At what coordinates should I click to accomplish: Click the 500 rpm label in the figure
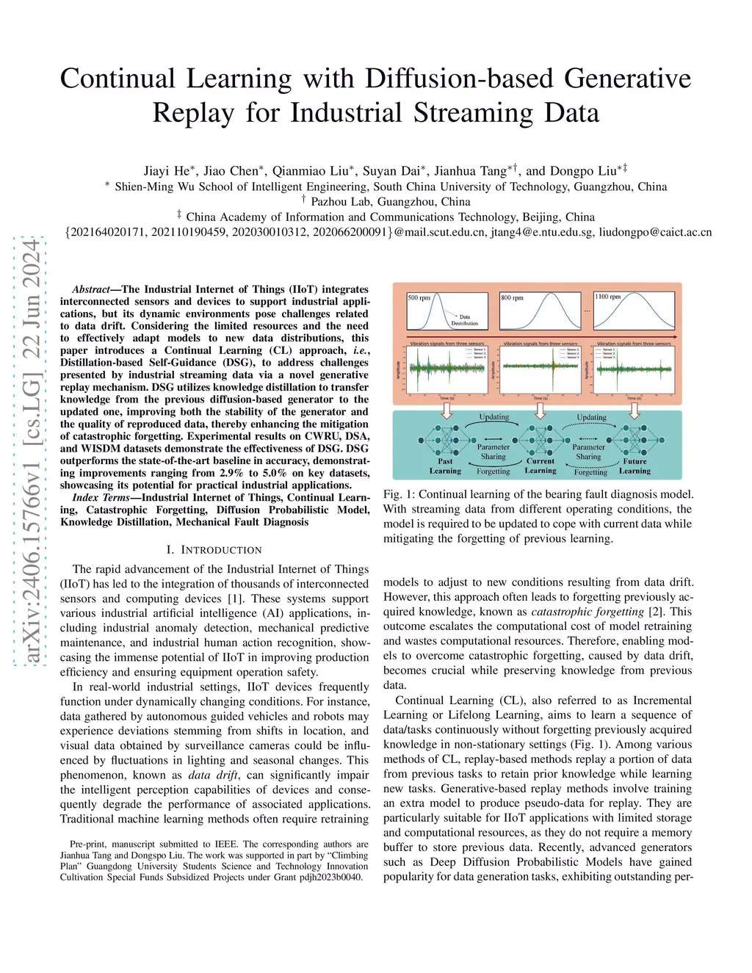click(x=419, y=297)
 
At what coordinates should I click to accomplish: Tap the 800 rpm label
click(x=512, y=297)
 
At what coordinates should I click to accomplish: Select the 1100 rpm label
click(x=607, y=297)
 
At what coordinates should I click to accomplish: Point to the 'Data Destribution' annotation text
click(x=464, y=320)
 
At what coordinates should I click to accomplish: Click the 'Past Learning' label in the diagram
click(x=445, y=466)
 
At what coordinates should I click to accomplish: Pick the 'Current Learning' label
click(x=540, y=466)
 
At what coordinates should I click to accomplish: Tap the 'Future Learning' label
click(x=634, y=466)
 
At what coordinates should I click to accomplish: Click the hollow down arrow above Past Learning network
click(x=446, y=410)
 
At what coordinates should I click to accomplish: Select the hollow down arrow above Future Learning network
click(x=634, y=410)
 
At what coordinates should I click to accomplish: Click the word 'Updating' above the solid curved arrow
click(x=494, y=417)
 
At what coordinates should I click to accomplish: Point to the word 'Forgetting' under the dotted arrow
click(x=493, y=471)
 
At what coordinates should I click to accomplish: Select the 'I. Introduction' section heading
click(x=214, y=549)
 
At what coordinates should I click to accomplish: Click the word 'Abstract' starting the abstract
click(x=90, y=289)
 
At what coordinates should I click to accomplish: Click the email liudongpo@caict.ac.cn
click(x=655, y=232)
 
